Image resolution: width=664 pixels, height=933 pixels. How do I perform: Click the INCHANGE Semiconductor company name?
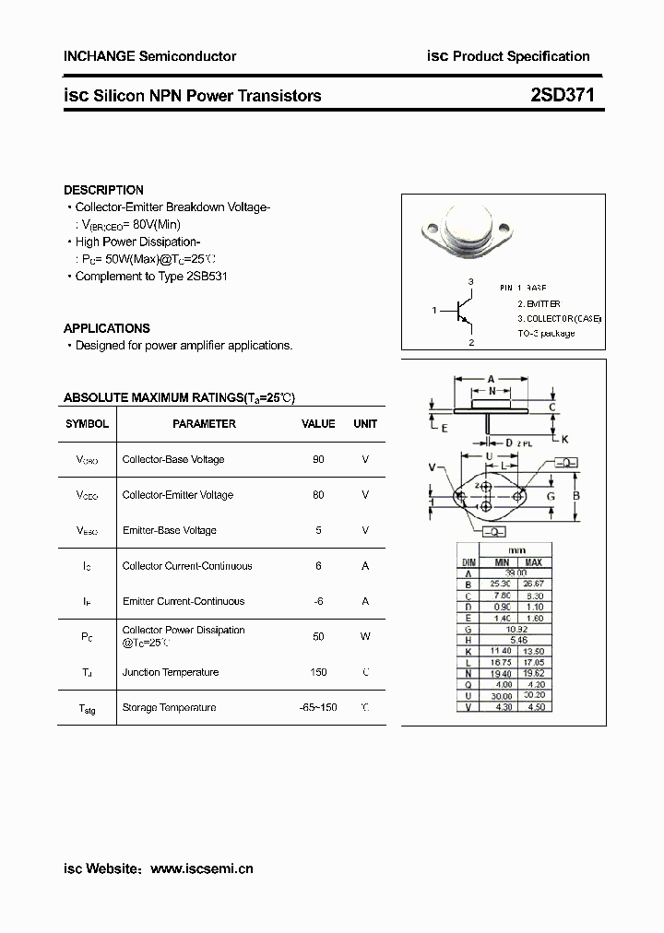pos(149,56)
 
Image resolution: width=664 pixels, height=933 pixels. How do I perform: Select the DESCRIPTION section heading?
pos(103,190)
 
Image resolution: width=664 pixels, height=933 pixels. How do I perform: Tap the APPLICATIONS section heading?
pos(106,328)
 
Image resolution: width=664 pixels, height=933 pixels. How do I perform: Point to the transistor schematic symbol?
pos(464,312)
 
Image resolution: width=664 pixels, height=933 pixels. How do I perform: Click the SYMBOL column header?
pos(87,424)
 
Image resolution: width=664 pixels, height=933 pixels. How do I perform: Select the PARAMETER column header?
pos(204,424)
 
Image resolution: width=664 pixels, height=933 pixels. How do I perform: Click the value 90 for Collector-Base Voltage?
pos(318,459)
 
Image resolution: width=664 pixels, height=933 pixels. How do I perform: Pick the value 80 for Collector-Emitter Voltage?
pos(318,495)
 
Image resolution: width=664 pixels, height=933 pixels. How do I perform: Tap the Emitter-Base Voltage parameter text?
pos(169,530)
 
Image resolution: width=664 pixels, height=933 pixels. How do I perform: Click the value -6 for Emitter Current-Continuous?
pos(318,601)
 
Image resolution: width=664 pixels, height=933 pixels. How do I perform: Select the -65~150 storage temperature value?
pos(318,707)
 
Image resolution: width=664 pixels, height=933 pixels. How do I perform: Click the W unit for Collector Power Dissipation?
pos(365,636)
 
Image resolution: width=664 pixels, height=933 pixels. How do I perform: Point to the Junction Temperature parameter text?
pos(170,672)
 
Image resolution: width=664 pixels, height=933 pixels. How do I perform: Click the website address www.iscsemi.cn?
pos(201,868)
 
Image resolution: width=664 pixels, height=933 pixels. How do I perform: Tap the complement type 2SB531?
pos(209,277)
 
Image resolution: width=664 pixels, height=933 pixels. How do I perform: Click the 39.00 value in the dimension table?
pos(516,573)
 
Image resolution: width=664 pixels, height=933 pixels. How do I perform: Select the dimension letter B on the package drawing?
pos(576,496)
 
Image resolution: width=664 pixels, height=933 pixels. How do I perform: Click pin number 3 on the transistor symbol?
pos(470,281)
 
